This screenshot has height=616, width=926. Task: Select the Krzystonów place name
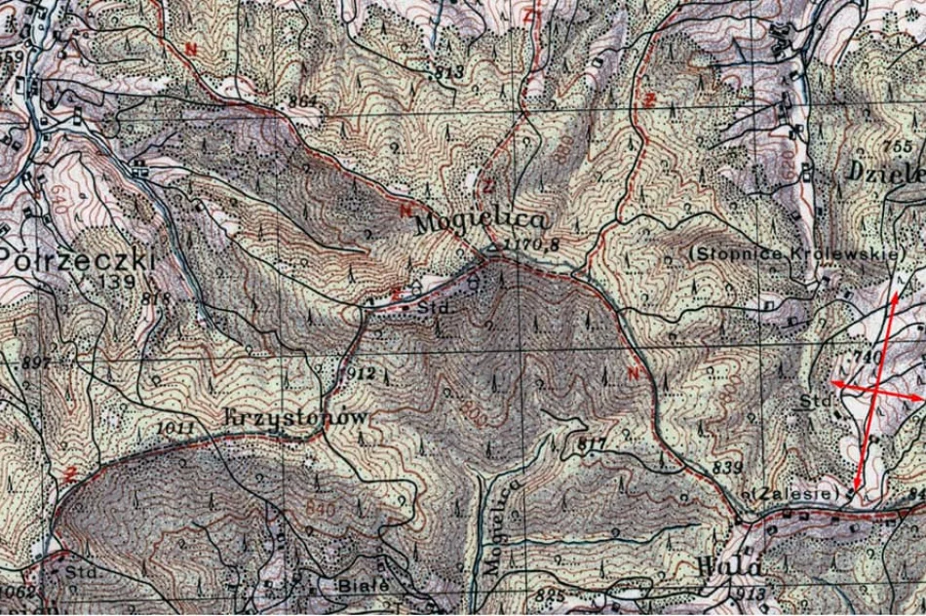click(x=296, y=417)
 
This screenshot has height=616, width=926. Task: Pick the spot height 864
click(x=303, y=101)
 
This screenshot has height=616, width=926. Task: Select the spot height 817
click(x=592, y=444)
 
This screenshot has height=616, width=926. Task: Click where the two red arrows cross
click(x=875, y=390)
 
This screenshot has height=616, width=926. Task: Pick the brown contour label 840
click(x=318, y=508)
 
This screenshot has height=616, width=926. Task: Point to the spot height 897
click(x=34, y=363)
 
